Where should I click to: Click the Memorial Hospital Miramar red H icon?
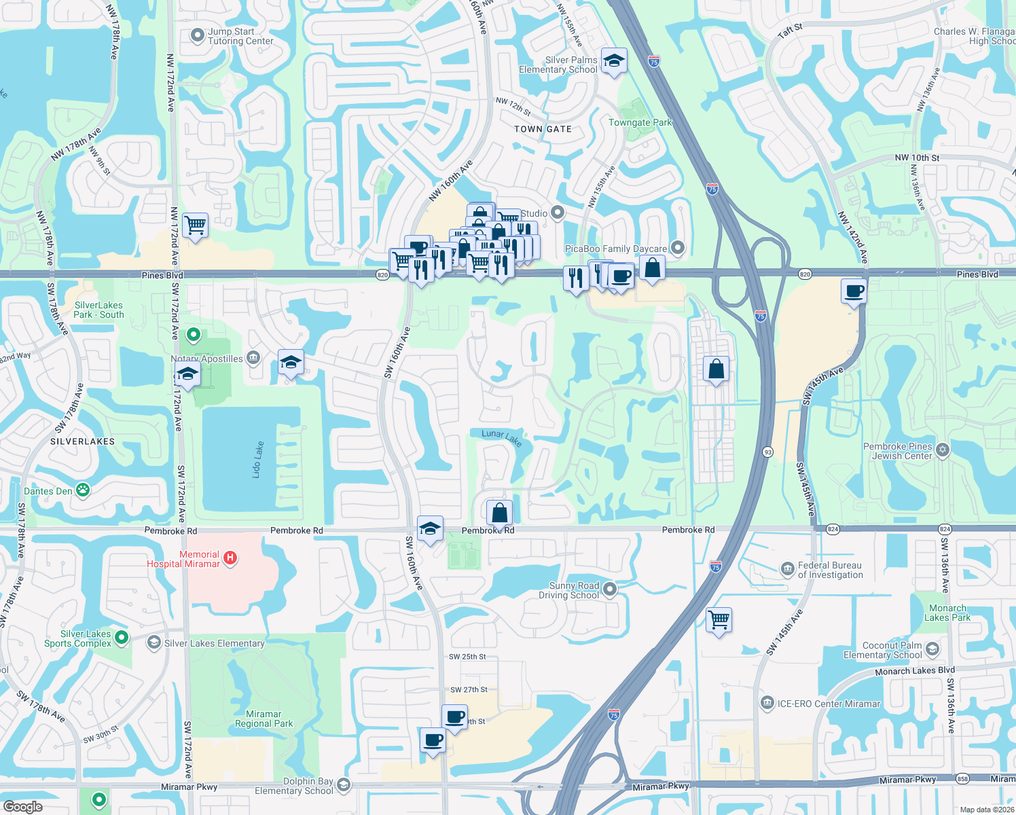(x=230, y=558)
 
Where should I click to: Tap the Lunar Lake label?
(x=502, y=438)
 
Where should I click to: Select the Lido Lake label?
(x=258, y=460)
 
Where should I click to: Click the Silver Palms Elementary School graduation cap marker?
(x=614, y=61)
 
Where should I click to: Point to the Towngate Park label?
(x=640, y=123)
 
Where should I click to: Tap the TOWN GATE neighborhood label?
(x=543, y=129)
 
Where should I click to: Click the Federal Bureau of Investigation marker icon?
(x=787, y=568)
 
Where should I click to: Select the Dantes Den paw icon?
(x=83, y=490)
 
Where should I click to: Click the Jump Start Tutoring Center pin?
(x=198, y=35)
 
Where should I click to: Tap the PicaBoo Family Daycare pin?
(x=677, y=248)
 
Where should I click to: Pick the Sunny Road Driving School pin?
(x=610, y=590)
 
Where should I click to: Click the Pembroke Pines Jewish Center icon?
(x=943, y=450)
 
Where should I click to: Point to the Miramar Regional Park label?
(x=264, y=719)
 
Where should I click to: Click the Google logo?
(x=22, y=806)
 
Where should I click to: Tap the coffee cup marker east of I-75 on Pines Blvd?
(x=854, y=291)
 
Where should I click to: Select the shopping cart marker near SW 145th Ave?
(x=719, y=620)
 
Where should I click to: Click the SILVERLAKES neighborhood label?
(x=83, y=441)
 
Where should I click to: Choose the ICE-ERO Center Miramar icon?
(x=767, y=703)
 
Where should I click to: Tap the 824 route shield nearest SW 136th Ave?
(x=945, y=529)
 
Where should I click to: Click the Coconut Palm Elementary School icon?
(x=932, y=649)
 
